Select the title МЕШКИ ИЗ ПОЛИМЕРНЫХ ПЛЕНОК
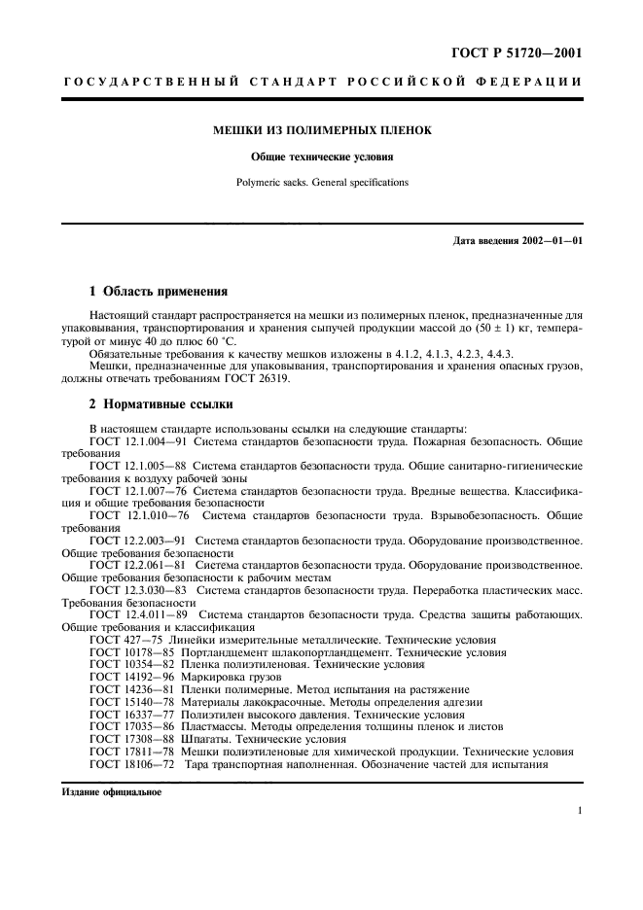click(323, 129)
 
